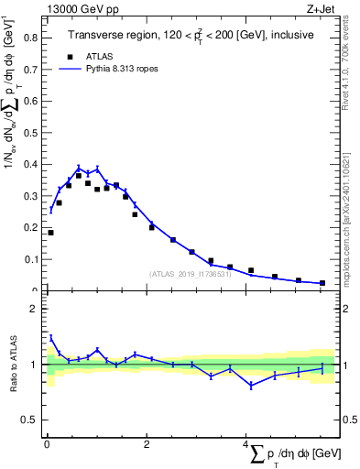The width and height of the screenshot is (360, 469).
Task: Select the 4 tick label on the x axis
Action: pyautogui.click(x=245, y=445)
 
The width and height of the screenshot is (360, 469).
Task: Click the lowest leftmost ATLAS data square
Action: pyautogui.click(x=50, y=233)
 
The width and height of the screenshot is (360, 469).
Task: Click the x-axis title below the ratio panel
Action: pyautogui.click(x=293, y=454)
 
